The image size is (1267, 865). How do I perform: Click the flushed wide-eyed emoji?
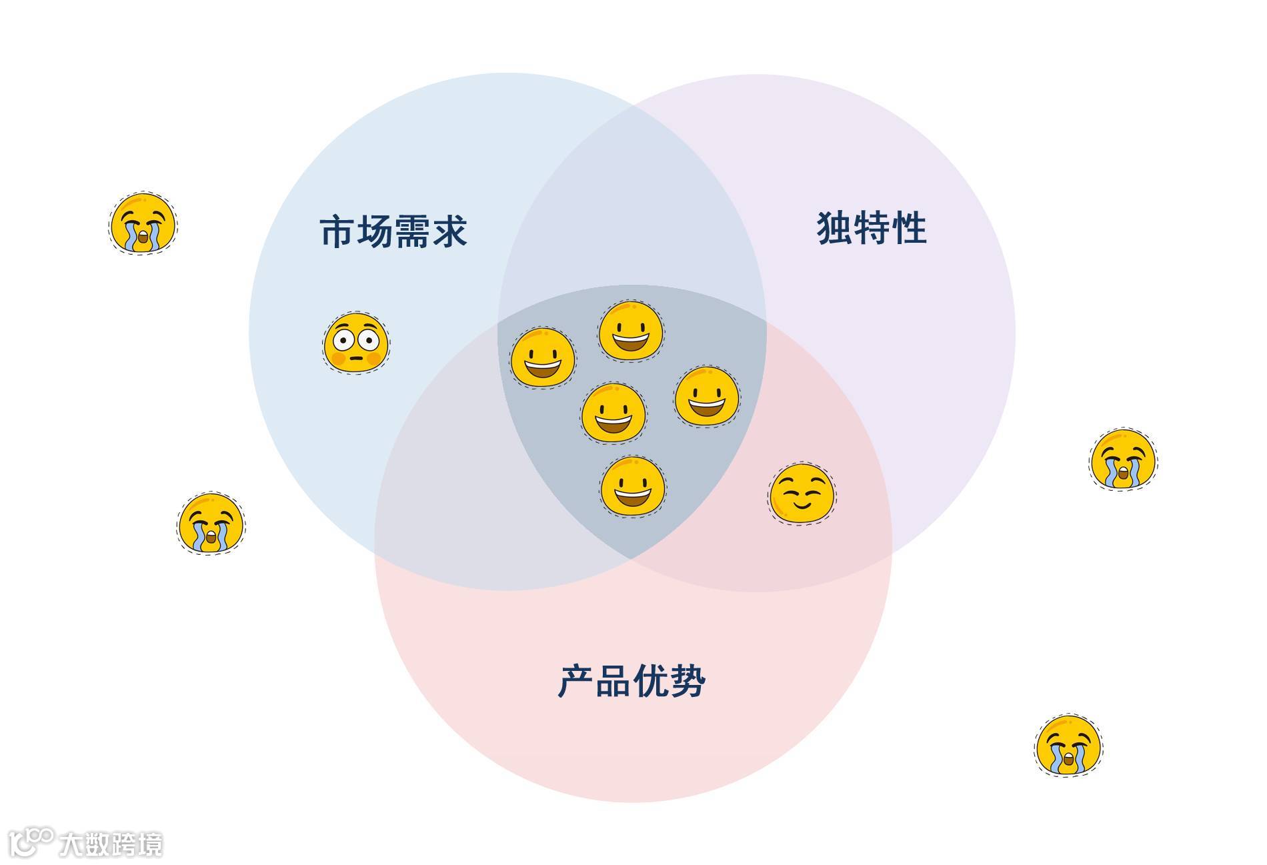(356, 342)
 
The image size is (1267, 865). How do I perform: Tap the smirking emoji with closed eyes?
(802, 494)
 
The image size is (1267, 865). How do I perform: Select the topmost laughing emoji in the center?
(630, 331)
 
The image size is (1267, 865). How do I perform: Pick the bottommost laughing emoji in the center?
(632, 486)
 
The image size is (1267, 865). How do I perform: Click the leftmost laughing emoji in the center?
(543, 358)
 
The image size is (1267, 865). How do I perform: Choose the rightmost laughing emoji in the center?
(707, 396)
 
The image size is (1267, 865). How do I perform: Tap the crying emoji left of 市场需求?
(142, 224)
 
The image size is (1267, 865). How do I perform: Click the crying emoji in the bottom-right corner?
(1068, 745)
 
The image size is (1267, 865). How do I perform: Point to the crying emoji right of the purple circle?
(1123, 460)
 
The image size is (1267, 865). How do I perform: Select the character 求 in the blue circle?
(449, 231)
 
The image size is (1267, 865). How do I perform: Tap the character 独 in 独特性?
(835, 228)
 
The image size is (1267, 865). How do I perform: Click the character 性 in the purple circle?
(909, 228)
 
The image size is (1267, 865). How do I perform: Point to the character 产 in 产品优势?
(575, 681)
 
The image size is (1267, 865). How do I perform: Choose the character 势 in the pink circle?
(687, 681)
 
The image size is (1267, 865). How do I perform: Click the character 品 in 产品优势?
(612, 681)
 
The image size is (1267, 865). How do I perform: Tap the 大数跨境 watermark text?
(110, 844)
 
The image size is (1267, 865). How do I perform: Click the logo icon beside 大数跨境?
(31, 842)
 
